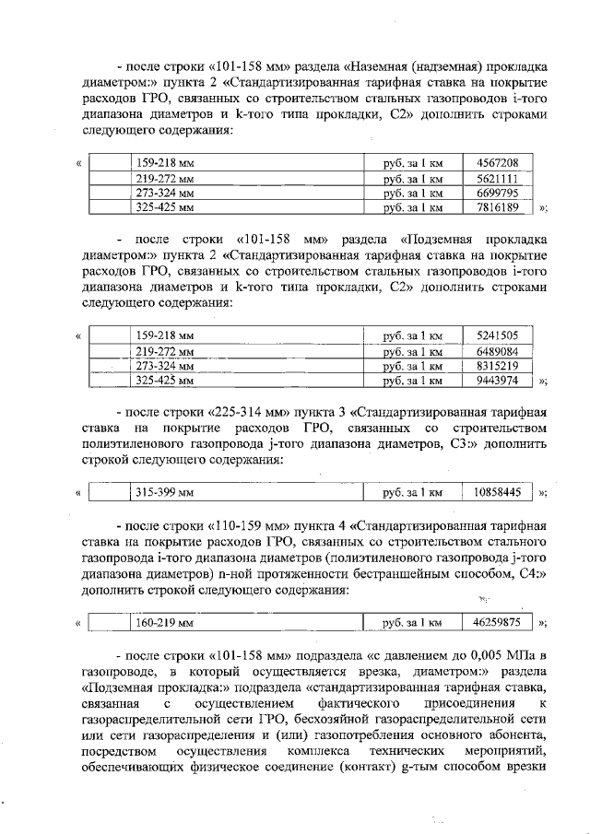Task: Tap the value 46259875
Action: (x=497, y=623)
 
